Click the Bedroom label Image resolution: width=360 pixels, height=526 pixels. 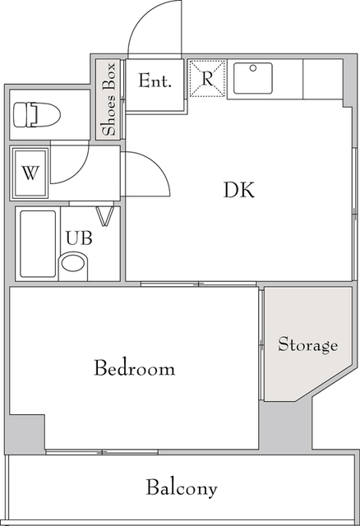pyautogui.click(x=134, y=367)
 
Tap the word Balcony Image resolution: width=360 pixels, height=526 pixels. pyautogui.click(x=182, y=488)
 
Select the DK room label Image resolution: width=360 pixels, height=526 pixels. pyautogui.click(x=239, y=190)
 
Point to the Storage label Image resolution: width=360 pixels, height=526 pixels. pyautogui.click(x=307, y=345)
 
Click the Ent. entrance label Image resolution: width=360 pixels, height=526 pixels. pyautogui.click(x=155, y=81)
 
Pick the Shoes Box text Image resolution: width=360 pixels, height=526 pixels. pyautogui.click(x=109, y=99)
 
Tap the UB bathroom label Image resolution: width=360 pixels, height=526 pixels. pyautogui.click(x=79, y=238)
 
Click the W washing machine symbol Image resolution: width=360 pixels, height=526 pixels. pyautogui.click(x=30, y=173)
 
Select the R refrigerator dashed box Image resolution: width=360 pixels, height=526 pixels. pyautogui.click(x=207, y=79)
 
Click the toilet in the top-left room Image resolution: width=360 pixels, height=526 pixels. pyautogui.click(x=36, y=115)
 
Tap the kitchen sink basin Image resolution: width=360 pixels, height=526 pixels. pyautogui.click(x=253, y=78)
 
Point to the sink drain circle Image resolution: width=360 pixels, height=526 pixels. pyautogui.click(x=253, y=68)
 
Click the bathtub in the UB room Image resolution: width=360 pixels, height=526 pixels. pyautogui.click(x=38, y=244)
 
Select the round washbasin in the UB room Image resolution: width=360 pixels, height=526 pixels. pyautogui.click(x=73, y=264)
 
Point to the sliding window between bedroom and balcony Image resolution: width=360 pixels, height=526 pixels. pyautogui.click(x=102, y=452)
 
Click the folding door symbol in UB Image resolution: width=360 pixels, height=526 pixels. pyautogui.click(x=104, y=216)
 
